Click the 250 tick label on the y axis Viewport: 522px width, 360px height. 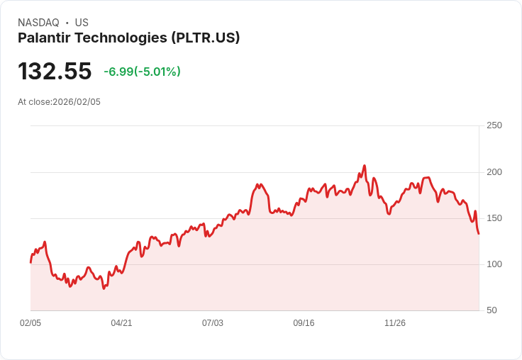pyautogui.click(x=494, y=125)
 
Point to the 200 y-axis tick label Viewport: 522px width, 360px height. pyautogui.click(x=494, y=171)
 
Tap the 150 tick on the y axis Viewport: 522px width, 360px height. pyautogui.click(x=494, y=218)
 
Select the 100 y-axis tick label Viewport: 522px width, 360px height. pyautogui.click(x=494, y=264)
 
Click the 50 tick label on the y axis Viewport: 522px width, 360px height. pyautogui.click(x=492, y=310)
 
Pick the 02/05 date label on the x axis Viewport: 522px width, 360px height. pyautogui.click(x=30, y=323)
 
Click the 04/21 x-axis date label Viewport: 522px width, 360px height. pyautogui.click(x=121, y=323)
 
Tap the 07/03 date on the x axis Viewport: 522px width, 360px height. pyautogui.click(x=213, y=323)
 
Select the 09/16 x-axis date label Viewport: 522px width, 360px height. pyautogui.click(x=304, y=323)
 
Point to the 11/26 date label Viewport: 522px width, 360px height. pyautogui.click(x=395, y=323)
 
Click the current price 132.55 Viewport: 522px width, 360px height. pyautogui.click(x=55, y=72)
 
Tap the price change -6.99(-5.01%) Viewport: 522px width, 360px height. pyautogui.click(x=142, y=72)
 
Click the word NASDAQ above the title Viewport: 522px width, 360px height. pyautogui.click(x=38, y=23)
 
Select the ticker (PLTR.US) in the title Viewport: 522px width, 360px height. pyautogui.click(x=205, y=38)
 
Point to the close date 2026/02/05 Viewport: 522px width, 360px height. pyautogui.click(x=77, y=102)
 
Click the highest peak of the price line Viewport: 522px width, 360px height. pyautogui.click(x=365, y=166)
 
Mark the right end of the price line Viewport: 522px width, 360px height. pyautogui.click(x=479, y=234)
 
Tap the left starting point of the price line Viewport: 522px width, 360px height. pyautogui.click(x=30, y=262)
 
